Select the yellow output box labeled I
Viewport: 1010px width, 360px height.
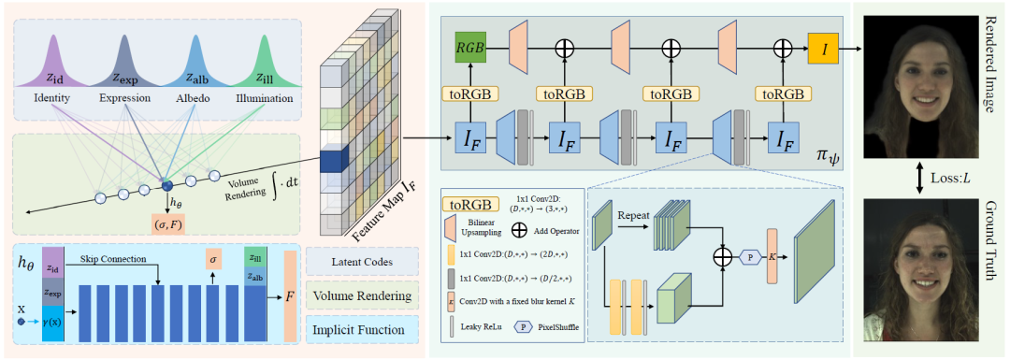pyautogui.click(x=823, y=44)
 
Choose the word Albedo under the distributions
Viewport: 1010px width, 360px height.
pyautogui.click(x=195, y=98)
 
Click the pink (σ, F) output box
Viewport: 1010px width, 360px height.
pyautogui.click(x=169, y=223)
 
